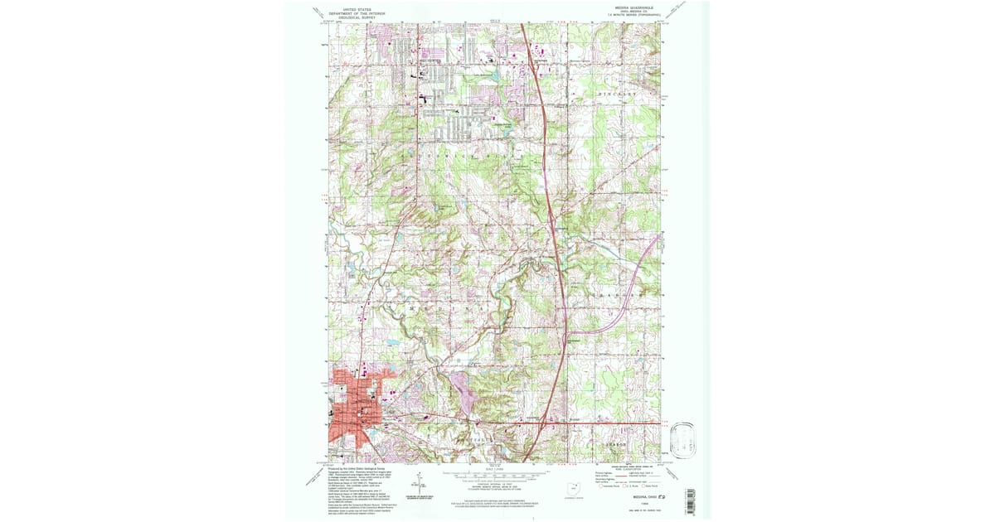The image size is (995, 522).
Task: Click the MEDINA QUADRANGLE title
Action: click(635, 7)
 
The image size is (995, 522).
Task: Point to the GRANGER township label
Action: click(618, 296)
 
